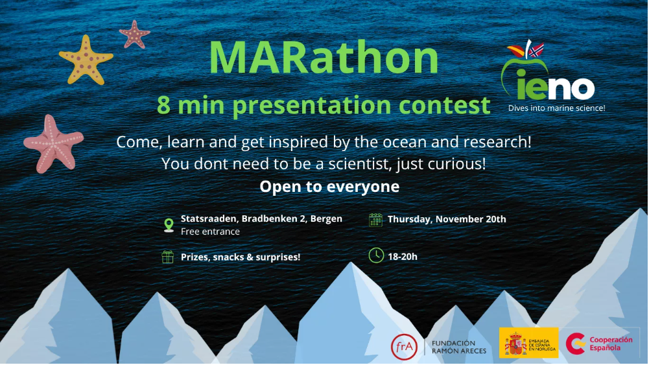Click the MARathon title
(324, 57)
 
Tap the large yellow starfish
(86, 60)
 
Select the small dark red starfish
(134, 34)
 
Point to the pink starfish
(53, 144)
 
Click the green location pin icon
(169, 225)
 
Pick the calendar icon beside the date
(375, 220)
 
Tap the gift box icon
(168, 257)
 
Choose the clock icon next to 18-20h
(376, 255)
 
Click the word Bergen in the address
(326, 218)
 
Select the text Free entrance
(210, 231)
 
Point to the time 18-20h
(403, 257)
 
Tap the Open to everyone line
(329, 187)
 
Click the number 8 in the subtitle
(163, 104)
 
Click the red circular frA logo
(404, 347)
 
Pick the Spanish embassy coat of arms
(515, 343)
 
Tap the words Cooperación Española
(611, 344)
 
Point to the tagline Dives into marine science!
(557, 108)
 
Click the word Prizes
(195, 257)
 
